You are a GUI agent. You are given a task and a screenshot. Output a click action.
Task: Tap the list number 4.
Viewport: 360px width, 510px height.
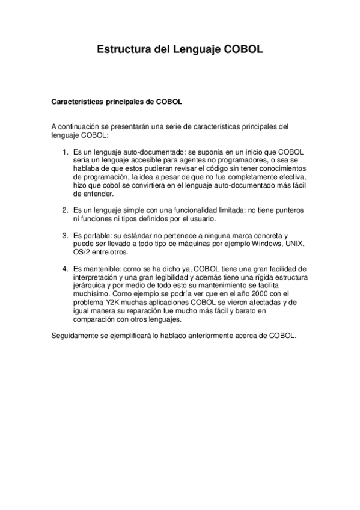(x=66, y=268)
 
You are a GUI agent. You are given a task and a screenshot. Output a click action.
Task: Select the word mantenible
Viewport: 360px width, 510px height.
(x=101, y=268)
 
